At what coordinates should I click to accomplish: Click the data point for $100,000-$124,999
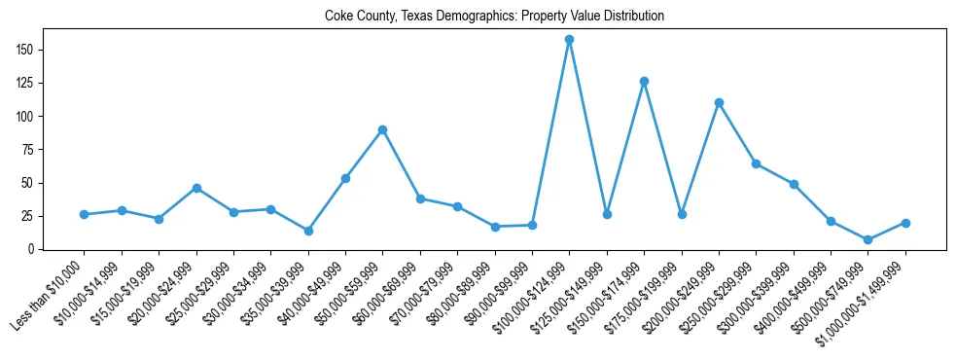(x=569, y=40)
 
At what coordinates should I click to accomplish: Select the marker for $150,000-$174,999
(x=644, y=82)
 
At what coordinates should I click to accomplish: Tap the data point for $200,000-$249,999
(x=719, y=102)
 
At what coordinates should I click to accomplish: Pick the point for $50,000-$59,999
(x=383, y=129)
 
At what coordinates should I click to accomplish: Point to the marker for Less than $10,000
(x=85, y=214)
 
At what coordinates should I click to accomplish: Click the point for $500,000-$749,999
(x=867, y=239)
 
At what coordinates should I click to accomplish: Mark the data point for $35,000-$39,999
(x=308, y=231)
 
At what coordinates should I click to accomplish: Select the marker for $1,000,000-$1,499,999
(x=905, y=223)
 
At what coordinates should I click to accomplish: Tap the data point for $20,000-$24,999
(x=196, y=188)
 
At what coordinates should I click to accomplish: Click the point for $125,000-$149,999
(x=607, y=214)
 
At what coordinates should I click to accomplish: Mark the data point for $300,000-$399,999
(x=794, y=184)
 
